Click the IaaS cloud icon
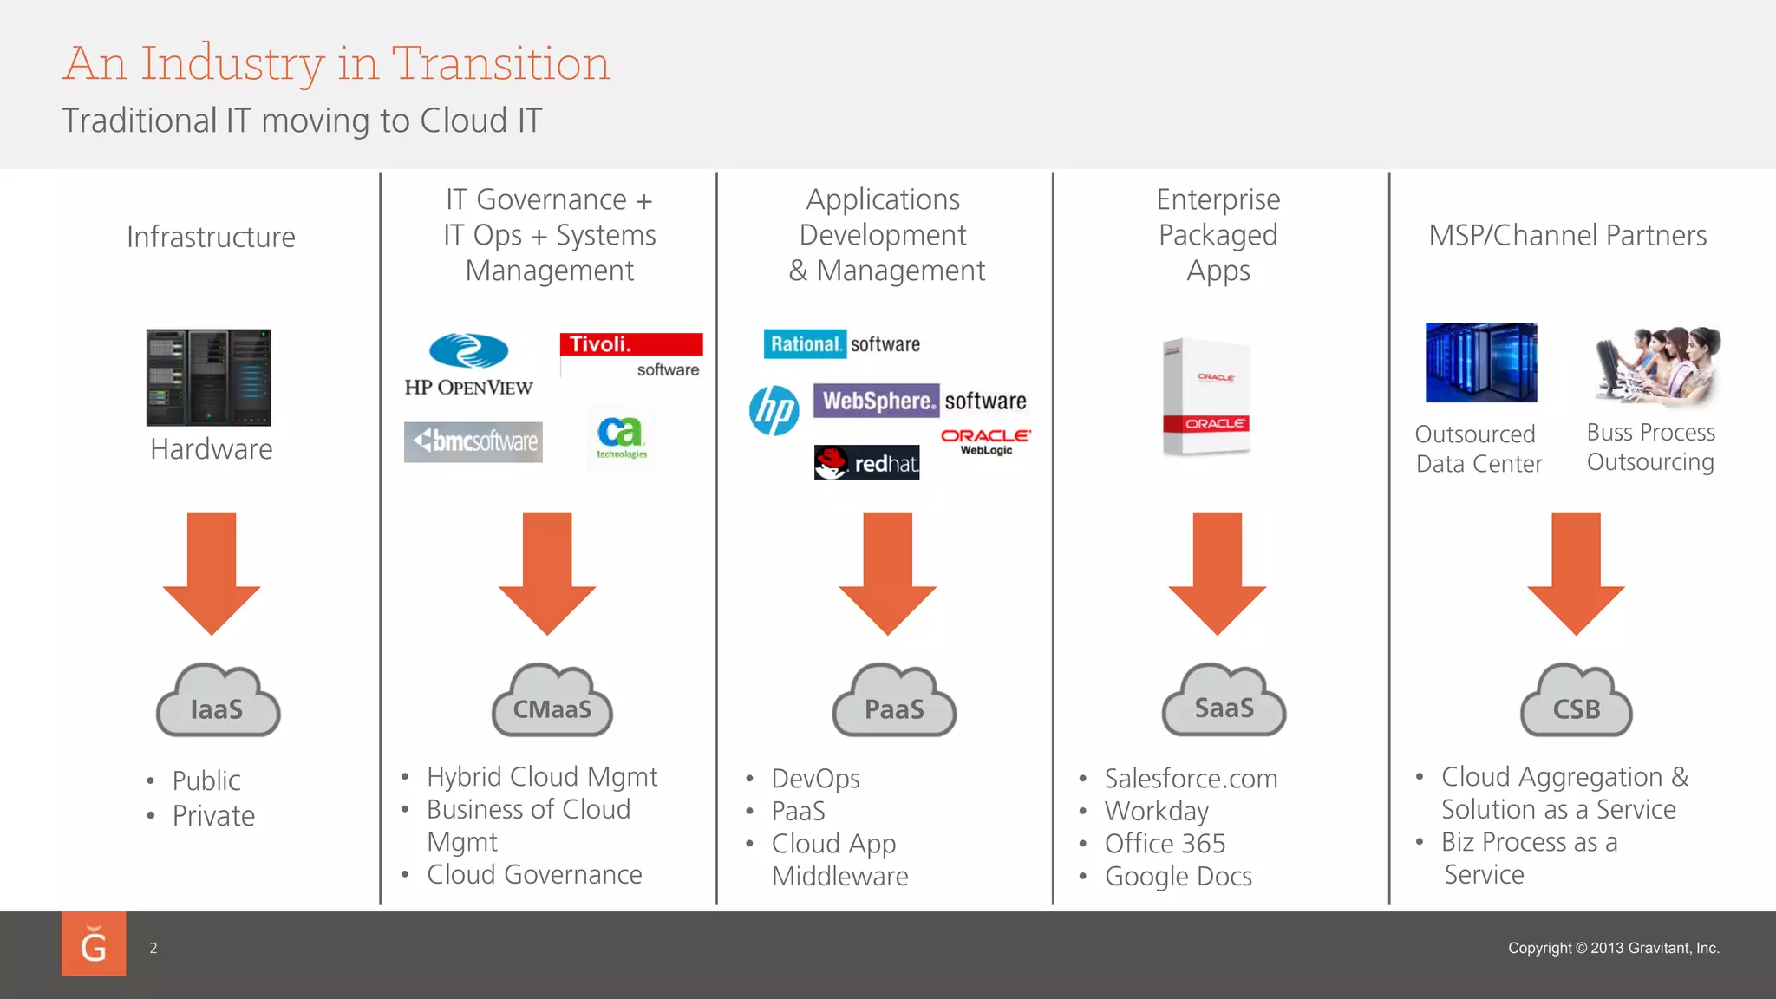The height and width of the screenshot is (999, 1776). click(x=218, y=701)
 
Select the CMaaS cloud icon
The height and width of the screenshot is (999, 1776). click(x=552, y=701)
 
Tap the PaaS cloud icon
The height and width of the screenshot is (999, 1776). click(x=894, y=701)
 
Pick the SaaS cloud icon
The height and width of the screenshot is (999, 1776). click(x=1224, y=700)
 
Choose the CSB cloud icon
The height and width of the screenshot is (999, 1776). click(x=1577, y=701)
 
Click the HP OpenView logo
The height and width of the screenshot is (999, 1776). click(x=469, y=365)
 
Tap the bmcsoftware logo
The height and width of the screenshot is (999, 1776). click(x=473, y=441)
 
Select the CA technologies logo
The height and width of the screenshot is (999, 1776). click(x=621, y=435)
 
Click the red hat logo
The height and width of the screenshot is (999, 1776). click(x=866, y=463)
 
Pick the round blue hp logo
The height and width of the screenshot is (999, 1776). click(x=774, y=410)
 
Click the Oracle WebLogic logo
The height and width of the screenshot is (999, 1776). click(x=986, y=441)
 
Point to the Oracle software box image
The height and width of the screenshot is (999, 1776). click(x=1207, y=396)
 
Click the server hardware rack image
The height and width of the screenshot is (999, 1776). click(x=209, y=377)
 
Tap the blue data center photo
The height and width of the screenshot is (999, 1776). click(x=1481, y=362)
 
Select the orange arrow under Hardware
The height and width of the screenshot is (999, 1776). click(x=212, y=571)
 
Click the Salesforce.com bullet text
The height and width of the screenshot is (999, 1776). click(x=1191, y=779)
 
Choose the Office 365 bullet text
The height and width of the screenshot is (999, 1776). click(x=1165, y=844)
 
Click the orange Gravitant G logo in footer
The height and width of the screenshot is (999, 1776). click(x=94, y=944)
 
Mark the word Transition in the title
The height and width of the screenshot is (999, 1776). click(x=501, y=64)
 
